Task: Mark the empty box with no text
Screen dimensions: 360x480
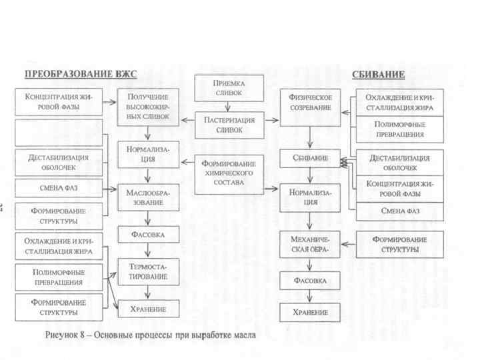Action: point(59,133)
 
